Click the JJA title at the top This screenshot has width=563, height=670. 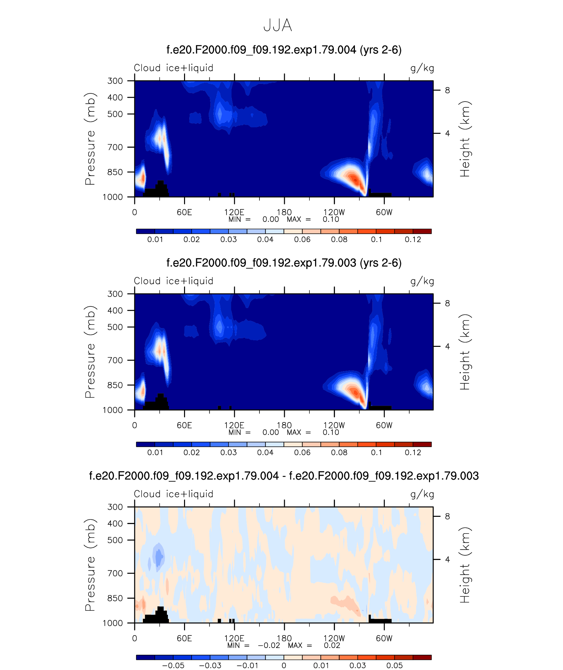pos(278,25)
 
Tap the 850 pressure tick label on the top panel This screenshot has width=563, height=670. pos(115,172)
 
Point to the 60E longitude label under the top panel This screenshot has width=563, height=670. pos(184,212)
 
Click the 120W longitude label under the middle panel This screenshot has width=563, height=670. pos(334,425)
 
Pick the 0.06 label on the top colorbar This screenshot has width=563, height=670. pos(302,239)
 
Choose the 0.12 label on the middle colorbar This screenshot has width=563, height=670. pos(413,452)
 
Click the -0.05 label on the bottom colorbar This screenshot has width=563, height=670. pos(174,665)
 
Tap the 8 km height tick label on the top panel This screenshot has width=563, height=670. pos(447,90)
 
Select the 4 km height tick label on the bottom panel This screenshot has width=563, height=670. pos(447,559)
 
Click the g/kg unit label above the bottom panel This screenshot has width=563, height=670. pos(422,494)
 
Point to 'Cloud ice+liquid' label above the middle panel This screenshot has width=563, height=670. pos(174,281)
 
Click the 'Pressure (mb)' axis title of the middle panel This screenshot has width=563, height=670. pos(90,352)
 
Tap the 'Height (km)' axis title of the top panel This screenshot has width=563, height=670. pos(465,139)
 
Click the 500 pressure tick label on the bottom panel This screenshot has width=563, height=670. pos(115,540)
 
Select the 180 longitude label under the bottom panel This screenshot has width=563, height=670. pos(284,638)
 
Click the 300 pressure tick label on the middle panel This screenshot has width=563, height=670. pos(115,294)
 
